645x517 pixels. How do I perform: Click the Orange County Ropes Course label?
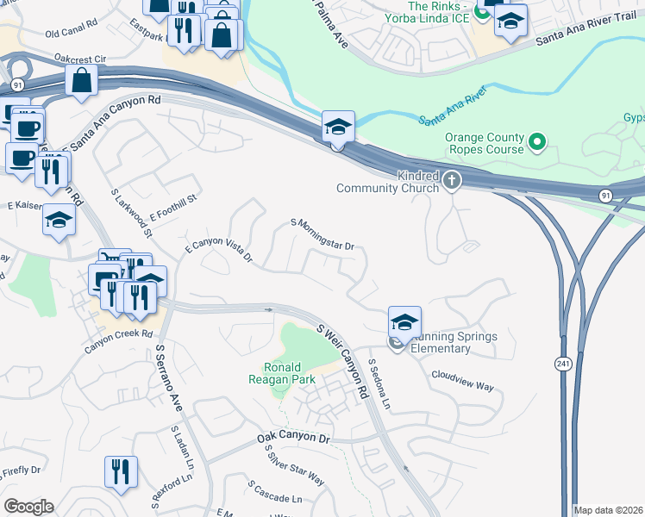pos(484,143)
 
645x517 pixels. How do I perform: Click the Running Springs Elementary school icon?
pos(404,322)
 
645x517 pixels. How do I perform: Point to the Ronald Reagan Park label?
pos(281,373)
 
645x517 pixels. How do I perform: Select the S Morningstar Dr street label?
pos(323,234)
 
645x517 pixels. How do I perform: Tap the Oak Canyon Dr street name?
pos(294,439)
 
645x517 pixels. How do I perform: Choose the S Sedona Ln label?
pos(379,384)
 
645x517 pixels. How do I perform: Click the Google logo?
pos(28,507)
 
